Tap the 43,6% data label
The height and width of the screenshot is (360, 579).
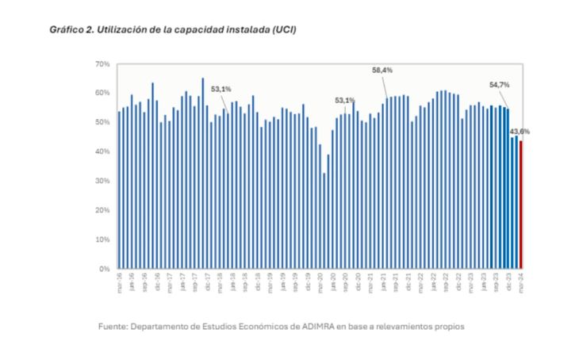pyautogui.click(x=520, y=132)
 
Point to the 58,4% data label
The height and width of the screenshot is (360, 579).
pyautogui.click(x=382, y=71)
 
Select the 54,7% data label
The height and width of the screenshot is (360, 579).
pyautogui.click(x=499, y=84)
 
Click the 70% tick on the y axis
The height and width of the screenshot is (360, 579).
pyautogui.click(x=102, y=63)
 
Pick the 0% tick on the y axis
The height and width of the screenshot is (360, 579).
pyautogui.click(x=104, y=269)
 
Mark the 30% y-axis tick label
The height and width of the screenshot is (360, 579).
pyautogui.click(x=102, y=181)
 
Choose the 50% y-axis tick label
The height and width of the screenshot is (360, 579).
pyautogui.click(x=102, y=122)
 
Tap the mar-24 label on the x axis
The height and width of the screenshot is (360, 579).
pyautogui.click(x=520, y=281)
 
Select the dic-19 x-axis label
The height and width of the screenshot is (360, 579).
pyautogui.click(x=308, y=281)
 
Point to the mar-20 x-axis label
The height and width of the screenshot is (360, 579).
pyautogui.click(x=320, y=281)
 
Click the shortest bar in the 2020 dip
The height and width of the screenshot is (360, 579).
pyautogui.click(x=324, y=221)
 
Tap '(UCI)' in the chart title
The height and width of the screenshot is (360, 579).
pyautogui.click(x=282, y=29)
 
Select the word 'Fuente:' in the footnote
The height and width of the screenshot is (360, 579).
pyautogui.click(x=114, y=326)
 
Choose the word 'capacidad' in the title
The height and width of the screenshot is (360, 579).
pyautogui.click(x=194, y=29)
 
